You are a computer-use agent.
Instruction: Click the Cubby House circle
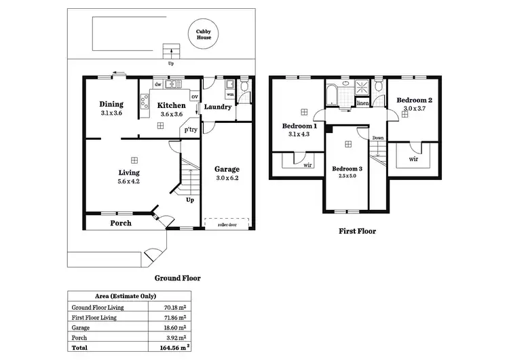point(204,35)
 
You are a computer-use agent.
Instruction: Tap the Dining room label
point(111,105)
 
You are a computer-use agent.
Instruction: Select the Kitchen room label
point(171,105)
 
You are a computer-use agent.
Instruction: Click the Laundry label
point(218,107)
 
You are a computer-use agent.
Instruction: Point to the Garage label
point(227,169)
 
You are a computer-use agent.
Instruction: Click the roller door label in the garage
point(227,223)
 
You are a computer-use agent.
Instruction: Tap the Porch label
point(120,223)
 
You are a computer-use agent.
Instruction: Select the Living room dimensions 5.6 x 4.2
point(128,181)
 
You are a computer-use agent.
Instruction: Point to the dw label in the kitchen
point(157,85)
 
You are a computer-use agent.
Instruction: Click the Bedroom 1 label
point(299,126)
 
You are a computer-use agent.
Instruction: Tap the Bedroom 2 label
point(414,100)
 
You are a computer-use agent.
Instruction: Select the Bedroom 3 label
point(348,168)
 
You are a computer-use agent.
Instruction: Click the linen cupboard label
point(362,103)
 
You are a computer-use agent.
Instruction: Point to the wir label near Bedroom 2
point(413,159)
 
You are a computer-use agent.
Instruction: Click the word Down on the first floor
point(378,138)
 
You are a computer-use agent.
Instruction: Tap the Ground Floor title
point(178,277)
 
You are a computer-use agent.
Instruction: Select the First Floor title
point(357,231)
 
